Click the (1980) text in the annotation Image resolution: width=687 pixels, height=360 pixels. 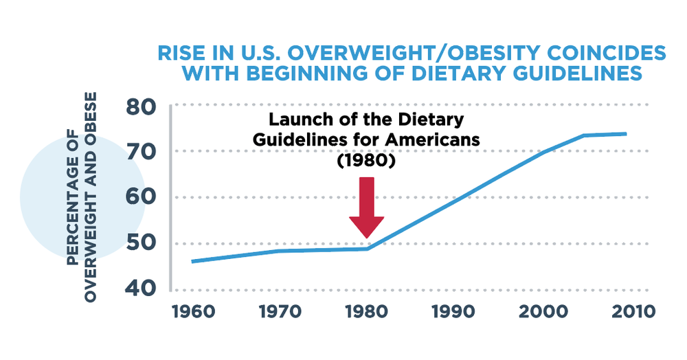pyautogui.click(x=365, y=159)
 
